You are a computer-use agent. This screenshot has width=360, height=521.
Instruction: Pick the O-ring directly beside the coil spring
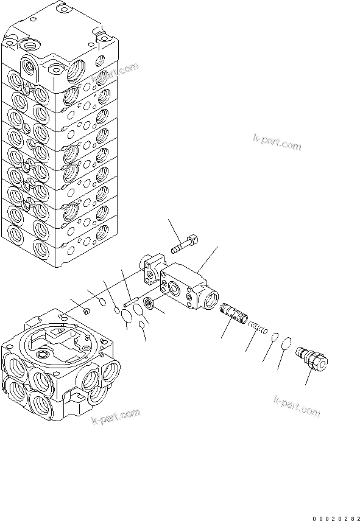pos(275,337)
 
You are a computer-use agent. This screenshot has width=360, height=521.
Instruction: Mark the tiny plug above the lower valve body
pos(86,312)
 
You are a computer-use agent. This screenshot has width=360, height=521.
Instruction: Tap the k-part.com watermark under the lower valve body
pos(116,419)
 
